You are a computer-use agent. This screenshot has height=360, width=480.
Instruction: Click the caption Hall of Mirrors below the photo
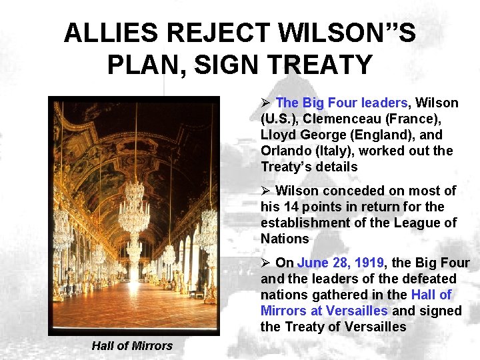(x=132, y=345)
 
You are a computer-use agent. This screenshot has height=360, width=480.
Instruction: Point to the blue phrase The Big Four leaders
(x=341, y=103)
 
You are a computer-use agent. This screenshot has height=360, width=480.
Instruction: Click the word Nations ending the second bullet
(x=285, y=239)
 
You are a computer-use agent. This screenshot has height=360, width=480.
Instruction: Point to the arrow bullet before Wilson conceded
(x=265, y=191)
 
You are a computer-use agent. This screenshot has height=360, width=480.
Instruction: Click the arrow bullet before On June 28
(x=265, y=263)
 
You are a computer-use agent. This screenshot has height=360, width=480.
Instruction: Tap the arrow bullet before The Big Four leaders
(x=265, y=103)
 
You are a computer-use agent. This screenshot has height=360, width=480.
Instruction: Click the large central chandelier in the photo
(x=134, y=207)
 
